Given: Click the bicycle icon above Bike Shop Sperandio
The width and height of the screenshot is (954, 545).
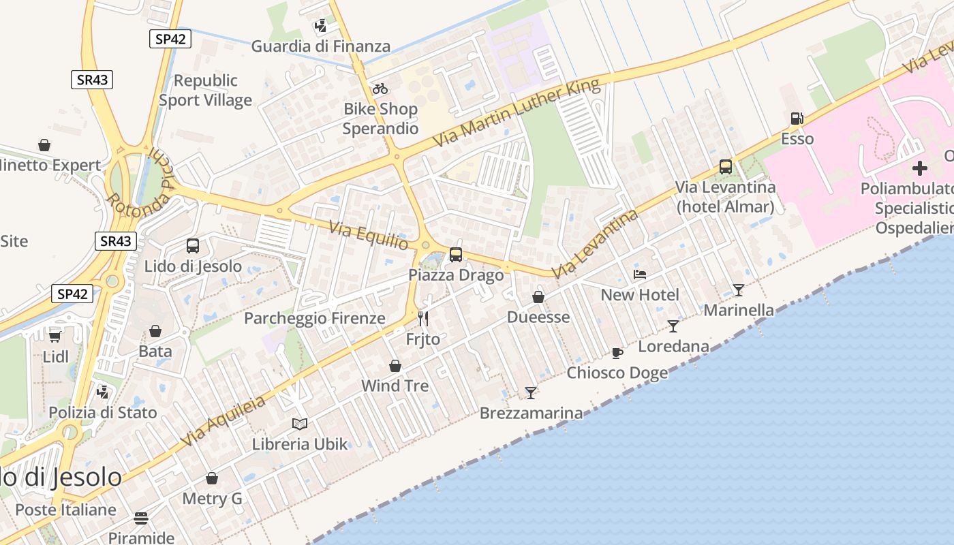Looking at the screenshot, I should pos(380,89).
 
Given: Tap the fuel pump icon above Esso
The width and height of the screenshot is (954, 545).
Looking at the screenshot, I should pos(797,119).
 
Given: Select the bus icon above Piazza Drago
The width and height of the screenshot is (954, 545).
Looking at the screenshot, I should pos(456,255).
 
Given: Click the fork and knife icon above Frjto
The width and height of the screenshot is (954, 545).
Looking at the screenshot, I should pos(423,318).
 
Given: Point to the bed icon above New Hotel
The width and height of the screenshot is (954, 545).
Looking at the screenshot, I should pos(640,275).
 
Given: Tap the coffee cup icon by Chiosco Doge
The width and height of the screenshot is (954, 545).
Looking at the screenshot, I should pos(617,353).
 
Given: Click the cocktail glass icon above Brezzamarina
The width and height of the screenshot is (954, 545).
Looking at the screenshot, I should pos(531,392).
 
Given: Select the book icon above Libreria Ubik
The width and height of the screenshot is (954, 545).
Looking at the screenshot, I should pos(300,424).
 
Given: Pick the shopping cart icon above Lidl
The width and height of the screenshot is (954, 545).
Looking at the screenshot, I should pos(55,336).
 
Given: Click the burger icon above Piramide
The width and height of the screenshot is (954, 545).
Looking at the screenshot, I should pos(141,518).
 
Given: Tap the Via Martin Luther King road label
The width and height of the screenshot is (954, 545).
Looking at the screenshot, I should pos(518,113).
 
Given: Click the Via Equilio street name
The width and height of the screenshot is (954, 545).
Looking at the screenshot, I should pos(369,236).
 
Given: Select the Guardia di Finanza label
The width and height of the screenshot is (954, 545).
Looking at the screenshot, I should pos(321,46).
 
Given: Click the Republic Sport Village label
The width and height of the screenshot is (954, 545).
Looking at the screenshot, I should pos(205,90).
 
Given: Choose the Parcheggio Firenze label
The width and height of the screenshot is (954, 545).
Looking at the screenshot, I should pos(315,318).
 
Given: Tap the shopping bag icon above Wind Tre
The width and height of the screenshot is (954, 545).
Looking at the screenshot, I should pos(395,367).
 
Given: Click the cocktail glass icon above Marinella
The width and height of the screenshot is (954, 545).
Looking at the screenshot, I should pos(739,290).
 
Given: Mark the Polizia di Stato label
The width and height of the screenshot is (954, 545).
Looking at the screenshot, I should pos(102,412).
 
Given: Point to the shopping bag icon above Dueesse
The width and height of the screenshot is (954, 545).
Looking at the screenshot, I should pos(538,297).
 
